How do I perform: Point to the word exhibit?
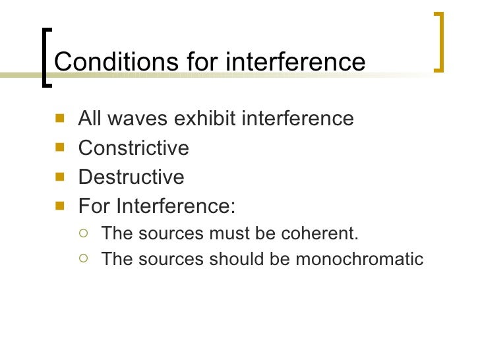pyautogui.click(x=206, y=119)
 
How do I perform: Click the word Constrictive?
pyautogui.click(x=133, y=148)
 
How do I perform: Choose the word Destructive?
pyautogui.click(x=131, y=177)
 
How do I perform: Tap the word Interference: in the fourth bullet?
pyautogui.click(x=175, y=206)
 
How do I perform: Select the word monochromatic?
pyautogui.click(x=359, y=259)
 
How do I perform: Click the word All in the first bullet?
pyautogui.click(x=89, y=119)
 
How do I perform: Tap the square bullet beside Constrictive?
pyautogui.click(x=61, y=148)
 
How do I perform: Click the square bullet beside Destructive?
pyautogui.click(x=61, y=177)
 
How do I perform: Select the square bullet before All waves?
pyautogui.click(x=61, y=119)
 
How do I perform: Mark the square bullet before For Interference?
pyautogui.click(x=61, y=206)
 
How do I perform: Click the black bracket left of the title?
pyautogui.click(x=45, y=57)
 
